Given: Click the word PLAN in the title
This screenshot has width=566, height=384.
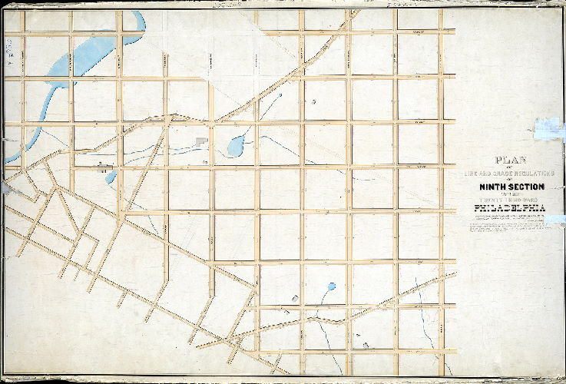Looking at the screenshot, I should pyautogui.click(x=510, y=162).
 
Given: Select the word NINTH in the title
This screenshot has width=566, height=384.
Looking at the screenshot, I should pyautogui.click(x=494, y=187).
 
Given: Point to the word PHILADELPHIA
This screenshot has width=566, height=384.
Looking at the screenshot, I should pyautogui.click(x=510, y=207).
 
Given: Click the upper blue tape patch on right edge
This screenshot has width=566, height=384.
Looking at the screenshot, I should pyautogui.click(x=550, y=128).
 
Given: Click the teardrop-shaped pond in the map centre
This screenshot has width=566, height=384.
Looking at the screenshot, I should pyautogui.click(x=237, y=143).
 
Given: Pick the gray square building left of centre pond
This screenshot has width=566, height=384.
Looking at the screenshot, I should pyautogui.click(x=202, y=142).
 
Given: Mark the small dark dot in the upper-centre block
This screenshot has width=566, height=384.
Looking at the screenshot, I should pyautogui.click(x=313, y=101).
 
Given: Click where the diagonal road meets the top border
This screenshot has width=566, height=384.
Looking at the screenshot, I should pyautogui.click(x=354, y=12).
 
